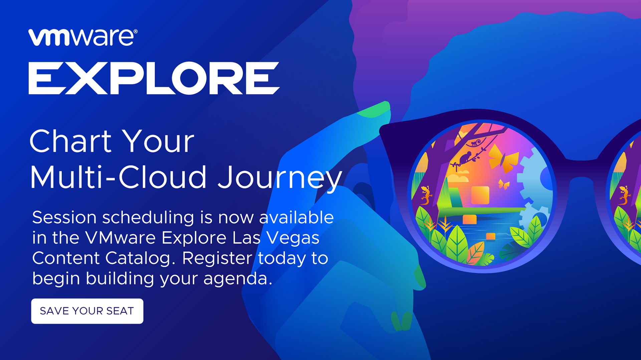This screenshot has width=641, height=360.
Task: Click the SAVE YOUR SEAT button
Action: (x=87, y=311)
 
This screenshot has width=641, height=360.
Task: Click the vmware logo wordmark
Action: (x=81, y=37)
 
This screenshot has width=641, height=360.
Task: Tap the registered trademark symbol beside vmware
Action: (x=136, y=31)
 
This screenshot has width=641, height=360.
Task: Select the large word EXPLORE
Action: (x=154, y=78)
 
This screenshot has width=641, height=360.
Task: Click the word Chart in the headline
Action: (x=70, y=141)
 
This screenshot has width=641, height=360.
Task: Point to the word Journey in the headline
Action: (x=280, y=178)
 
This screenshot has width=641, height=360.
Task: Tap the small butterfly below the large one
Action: (x=504, y=184)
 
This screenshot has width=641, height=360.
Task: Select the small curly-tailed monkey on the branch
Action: (x=475, y=143)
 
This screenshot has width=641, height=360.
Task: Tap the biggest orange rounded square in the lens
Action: (x=480, y=195)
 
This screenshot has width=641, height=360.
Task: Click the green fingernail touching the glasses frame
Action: (x=374, y=110)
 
